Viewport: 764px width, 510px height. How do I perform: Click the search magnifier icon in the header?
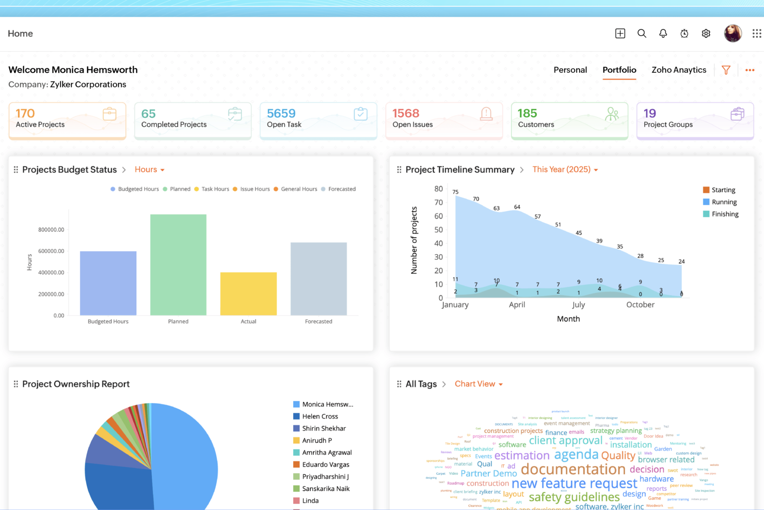click(642, 34)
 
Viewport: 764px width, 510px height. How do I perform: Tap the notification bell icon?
click(663, 34)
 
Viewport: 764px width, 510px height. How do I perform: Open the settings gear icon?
click(706, 34)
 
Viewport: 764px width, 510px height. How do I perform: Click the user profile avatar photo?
click(733, 34)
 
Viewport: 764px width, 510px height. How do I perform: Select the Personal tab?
click(570, 70)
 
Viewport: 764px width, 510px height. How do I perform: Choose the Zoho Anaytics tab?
click(678, 70)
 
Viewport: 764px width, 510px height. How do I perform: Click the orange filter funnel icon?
click(726, 70)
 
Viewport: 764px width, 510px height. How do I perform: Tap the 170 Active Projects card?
click(67, 120)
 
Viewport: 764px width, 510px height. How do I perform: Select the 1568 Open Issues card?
click(443, 120)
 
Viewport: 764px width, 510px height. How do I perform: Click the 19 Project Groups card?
click(695, 120)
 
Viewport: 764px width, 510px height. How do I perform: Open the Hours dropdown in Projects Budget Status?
click(149, 169)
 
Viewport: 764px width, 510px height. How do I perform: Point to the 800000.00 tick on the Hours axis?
click(51, 229)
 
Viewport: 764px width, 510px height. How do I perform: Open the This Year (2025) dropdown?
click(565, 169)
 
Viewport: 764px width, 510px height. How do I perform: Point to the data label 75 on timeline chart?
click(455, 192)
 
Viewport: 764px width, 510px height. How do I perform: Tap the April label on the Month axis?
click(517, 305)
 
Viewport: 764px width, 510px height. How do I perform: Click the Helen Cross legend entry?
click(320, 416)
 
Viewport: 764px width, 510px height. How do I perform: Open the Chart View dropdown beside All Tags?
click(479, 384)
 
